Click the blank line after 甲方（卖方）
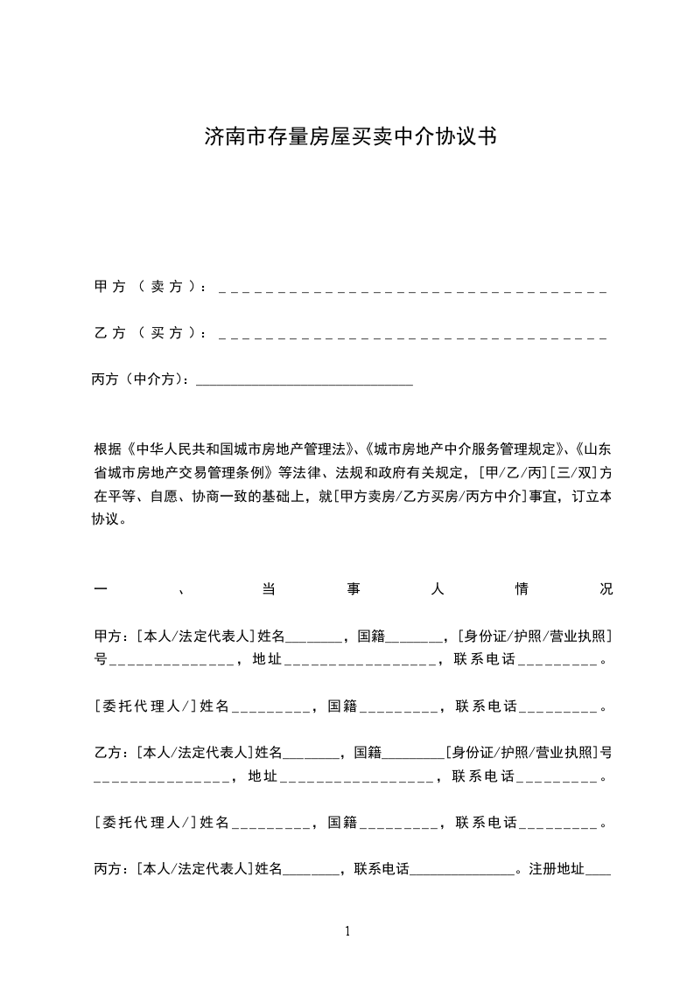[x=411, y=289]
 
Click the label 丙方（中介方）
[x=140, y=379]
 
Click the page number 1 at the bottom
[x=347, y=931]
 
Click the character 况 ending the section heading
[x=606, y=589]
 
